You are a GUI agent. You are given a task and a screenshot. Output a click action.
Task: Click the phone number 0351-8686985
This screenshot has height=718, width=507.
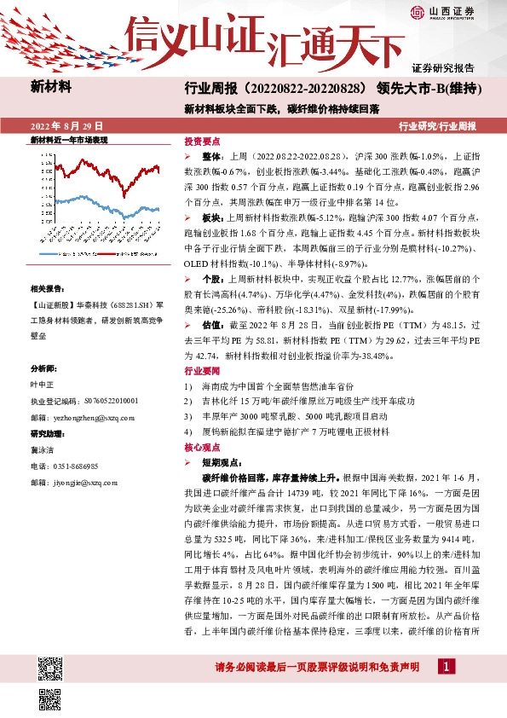[76, 466]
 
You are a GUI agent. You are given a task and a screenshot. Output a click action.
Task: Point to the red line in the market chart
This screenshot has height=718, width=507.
[128, 174]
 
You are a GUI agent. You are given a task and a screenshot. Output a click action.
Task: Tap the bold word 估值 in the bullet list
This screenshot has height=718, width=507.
[212, 301]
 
